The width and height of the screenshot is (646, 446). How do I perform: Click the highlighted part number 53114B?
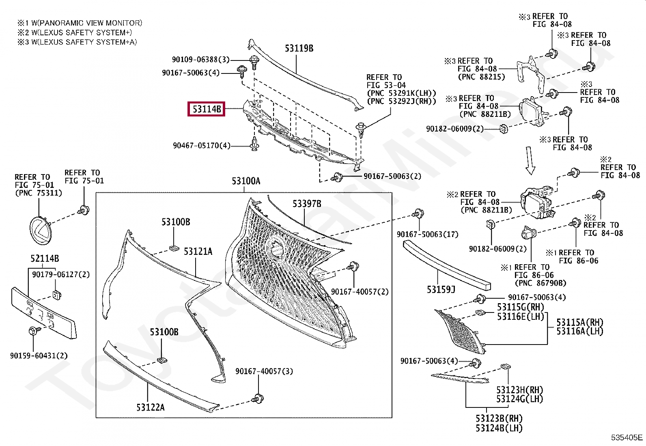click(206, 109)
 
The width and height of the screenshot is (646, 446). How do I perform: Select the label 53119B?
click(299, 48)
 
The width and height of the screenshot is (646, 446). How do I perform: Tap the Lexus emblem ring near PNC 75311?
click(41, 231)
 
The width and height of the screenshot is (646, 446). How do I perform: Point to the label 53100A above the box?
click(246, 181)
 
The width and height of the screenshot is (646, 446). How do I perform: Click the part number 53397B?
click(307, 204)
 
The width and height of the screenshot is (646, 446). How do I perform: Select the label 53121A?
click(198, 252)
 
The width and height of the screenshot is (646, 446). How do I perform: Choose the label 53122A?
click(151, 407)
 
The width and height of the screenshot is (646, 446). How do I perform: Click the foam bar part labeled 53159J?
click(446, 265)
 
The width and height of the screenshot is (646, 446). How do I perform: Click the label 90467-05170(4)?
click(201, 145)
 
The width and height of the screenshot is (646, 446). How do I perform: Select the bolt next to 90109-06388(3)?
click(254, 61)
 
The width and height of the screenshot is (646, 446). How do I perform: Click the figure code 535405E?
click(627, 437)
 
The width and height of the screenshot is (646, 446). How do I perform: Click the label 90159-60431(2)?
click(39, 356)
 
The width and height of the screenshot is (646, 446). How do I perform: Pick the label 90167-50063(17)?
click(427, 234)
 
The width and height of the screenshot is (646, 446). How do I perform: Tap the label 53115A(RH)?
click(579, 322)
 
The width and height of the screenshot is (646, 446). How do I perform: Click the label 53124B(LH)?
click(499, 428)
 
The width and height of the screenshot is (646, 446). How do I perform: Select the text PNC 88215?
click(481, 77)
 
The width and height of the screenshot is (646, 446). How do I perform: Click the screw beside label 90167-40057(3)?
click(257, 399)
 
